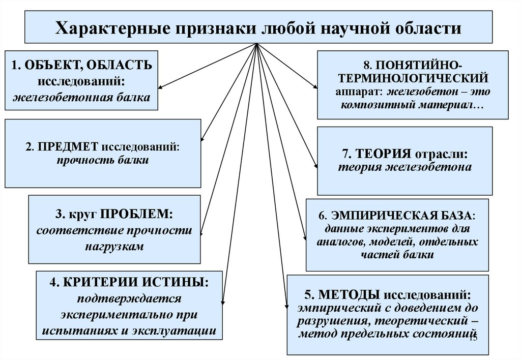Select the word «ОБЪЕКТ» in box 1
coord(51,66)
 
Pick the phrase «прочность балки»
coord(103,161)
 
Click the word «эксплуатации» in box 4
coord(175,330)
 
